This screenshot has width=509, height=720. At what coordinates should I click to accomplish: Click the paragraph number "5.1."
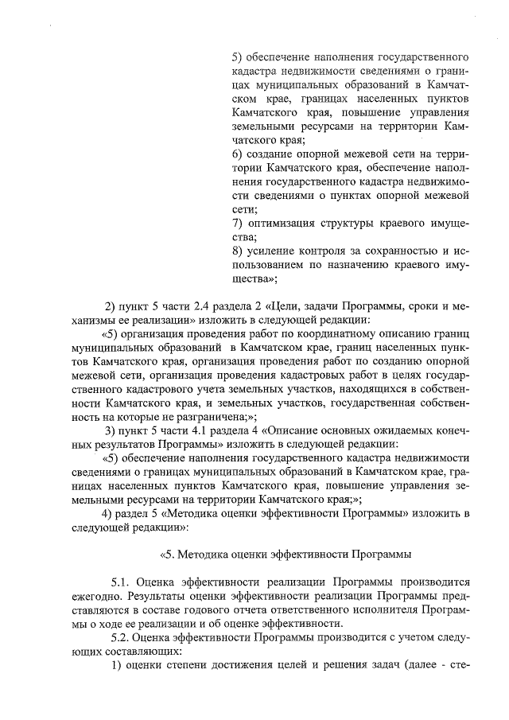click(123, 582)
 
